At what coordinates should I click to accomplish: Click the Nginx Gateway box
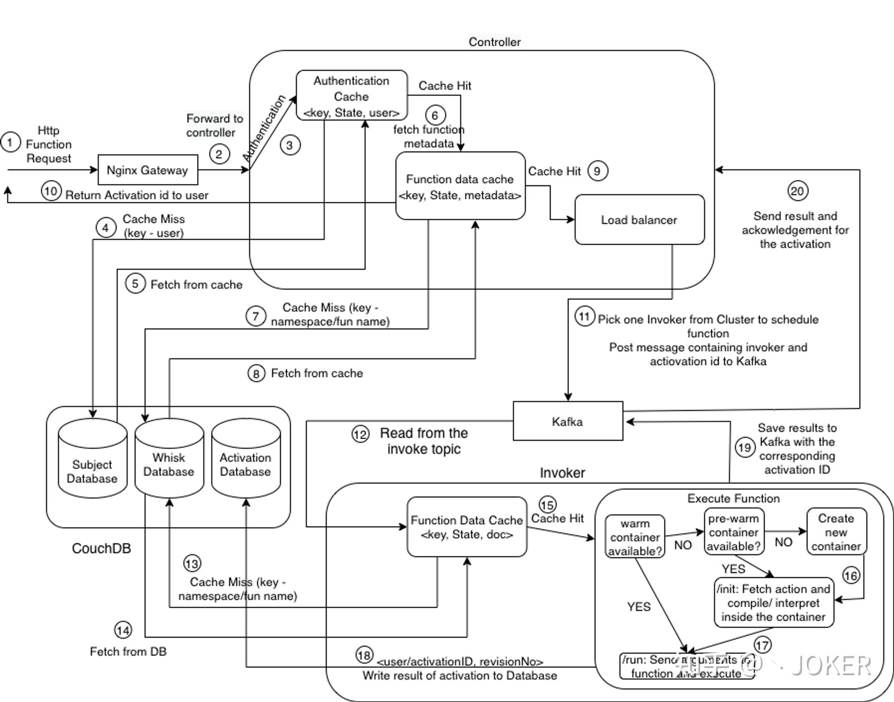point(148,170)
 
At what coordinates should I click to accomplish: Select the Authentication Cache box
point(352,96)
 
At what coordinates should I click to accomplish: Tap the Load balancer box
point(639,220)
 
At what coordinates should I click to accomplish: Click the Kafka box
point(568,421)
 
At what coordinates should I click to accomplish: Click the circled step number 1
point(10,143)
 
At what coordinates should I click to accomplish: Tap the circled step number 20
point(797,191)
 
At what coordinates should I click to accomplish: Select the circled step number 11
point(584,317)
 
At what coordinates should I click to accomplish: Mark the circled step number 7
point(256,316)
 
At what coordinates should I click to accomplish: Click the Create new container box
point(836,532)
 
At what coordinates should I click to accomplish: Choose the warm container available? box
point(635,537)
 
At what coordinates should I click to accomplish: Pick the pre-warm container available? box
point(734,532)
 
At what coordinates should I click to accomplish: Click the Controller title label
point(494,42)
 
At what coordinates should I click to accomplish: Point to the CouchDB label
point(101,548)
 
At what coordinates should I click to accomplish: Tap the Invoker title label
point(562,473)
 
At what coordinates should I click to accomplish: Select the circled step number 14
point(123,630)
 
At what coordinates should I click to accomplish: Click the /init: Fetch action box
point(774,602)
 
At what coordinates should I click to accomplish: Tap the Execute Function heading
point(734,498)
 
